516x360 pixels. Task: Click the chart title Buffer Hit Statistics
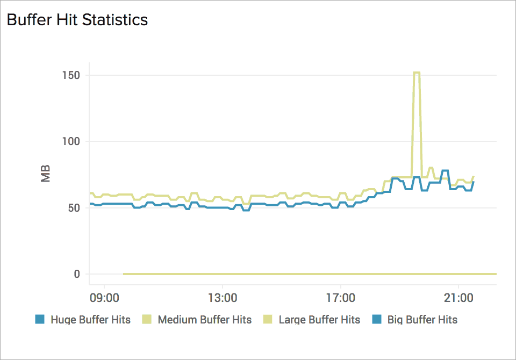tap(77, 20)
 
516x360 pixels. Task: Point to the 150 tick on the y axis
tap(71, 75)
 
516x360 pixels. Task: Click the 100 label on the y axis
tap(71, 141)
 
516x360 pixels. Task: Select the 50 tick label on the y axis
tap(74, 208)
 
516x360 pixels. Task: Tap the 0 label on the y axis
tap(76, 274)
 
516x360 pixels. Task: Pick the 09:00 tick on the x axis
tap(104, 297)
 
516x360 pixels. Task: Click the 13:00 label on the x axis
tap(223, 297)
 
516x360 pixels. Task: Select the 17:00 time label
tap(341, 297)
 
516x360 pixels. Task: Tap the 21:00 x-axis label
tap(458, 297)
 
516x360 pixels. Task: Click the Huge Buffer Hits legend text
tap(90, 320)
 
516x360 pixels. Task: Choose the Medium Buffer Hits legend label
tap(204, 320)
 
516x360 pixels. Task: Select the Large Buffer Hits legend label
tap(319, 320)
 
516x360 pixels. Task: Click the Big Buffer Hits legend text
tap(422, 320)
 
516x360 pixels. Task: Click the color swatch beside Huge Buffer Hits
tap(39, 319)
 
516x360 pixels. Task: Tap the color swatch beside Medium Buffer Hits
tap(146, 319)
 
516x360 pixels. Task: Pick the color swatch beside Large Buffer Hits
tap(267, 319)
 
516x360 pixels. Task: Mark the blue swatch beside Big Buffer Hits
tap(376, 319)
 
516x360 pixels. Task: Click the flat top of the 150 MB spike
tap(416, 73)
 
